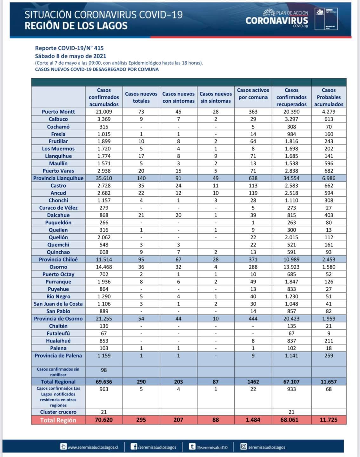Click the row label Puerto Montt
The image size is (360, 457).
point(58,112)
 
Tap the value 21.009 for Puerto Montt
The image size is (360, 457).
point(104,112)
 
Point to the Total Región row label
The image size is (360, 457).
point(58,420)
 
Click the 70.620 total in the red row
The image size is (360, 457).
point(104,420)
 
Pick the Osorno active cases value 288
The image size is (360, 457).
point(253,267)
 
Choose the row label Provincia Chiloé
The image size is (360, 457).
point(58,260)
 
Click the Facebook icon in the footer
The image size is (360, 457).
point(134,447)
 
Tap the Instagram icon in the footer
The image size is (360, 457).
point(243,447)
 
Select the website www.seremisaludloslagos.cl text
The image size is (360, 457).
point(93,447)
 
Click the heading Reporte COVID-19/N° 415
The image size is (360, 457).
point(69,48)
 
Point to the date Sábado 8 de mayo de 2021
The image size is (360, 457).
point(70,56)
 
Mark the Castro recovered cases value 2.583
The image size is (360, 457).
point(291,186)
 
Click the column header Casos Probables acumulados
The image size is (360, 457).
point(329,97)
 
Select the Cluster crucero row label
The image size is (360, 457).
point(58,412)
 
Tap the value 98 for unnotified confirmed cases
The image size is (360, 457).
point(104,370)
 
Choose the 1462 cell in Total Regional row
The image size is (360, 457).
point(253,382)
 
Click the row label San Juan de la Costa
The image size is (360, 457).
point(58,304)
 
